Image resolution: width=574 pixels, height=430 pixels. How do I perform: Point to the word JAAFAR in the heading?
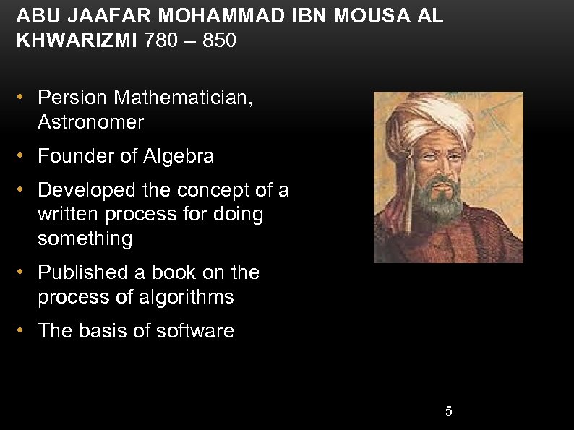point(89,15)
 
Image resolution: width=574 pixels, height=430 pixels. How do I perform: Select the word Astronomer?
point(91,122)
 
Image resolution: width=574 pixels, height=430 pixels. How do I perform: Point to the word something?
point(85,238)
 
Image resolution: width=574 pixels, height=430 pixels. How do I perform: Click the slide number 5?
point(449,411)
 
